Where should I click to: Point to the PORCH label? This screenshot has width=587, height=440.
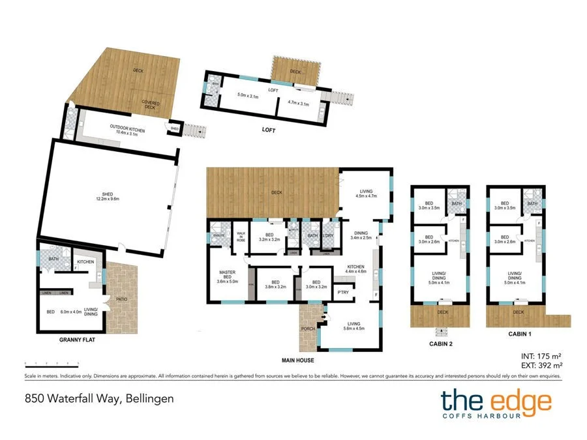pos(308,329)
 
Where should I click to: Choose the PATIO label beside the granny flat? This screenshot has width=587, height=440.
pos(121,300)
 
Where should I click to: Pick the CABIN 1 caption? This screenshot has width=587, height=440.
pos(519,334)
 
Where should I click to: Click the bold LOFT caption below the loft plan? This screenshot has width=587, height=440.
pos(269,130)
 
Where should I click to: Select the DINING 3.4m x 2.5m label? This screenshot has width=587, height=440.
pos(361,235)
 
